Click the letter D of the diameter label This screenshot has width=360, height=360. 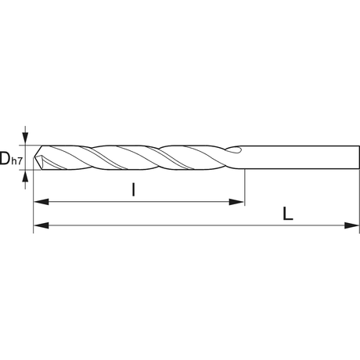[5, 158]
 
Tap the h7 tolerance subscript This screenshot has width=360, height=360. [16, 161]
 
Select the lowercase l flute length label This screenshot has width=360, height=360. [133, 189]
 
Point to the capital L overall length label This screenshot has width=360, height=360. [288, 214]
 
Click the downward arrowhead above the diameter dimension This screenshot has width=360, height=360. [25, 139]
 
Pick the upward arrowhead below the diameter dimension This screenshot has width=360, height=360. [25, 176]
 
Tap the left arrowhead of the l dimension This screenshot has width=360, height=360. [41, 202]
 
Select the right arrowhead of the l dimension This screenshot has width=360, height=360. [236, 202]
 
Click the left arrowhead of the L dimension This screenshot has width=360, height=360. [41, 225]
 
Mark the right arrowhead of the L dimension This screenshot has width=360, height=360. [352, 225]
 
